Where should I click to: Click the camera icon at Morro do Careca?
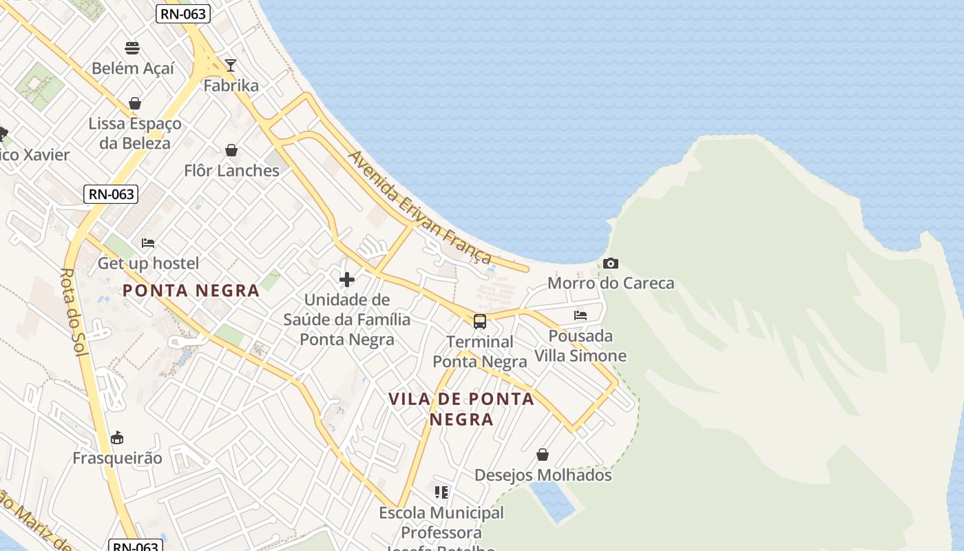click(x=610, y=263)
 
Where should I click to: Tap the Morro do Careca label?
click(x=611, y=283)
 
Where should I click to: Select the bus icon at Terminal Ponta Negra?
click(x=480, y=322)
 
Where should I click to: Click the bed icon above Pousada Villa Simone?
click(x=580, y=315)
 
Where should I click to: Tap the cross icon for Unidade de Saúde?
click(x=347, y=279)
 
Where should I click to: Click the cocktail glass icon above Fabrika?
click(x=231, y=65)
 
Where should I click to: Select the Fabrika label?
click(x=231, y=85)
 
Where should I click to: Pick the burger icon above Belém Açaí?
click(x=132, y=48)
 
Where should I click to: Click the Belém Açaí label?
click(x=133, y=68)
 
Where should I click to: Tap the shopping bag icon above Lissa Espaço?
click(x=135, y=103)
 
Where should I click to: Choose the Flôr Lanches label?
click(x=231, y=170)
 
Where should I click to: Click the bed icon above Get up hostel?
click(x=148, y=243)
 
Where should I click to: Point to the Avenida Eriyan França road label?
click(x=420, y=207)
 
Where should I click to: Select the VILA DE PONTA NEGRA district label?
click(x=461, y=408)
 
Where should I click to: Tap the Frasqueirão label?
click(x=118, y=458)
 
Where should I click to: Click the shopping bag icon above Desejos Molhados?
click(x=543, y=455)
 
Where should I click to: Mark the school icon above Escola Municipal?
click(x=441, y=492)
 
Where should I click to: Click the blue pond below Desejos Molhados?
click(x=552, y=501)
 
